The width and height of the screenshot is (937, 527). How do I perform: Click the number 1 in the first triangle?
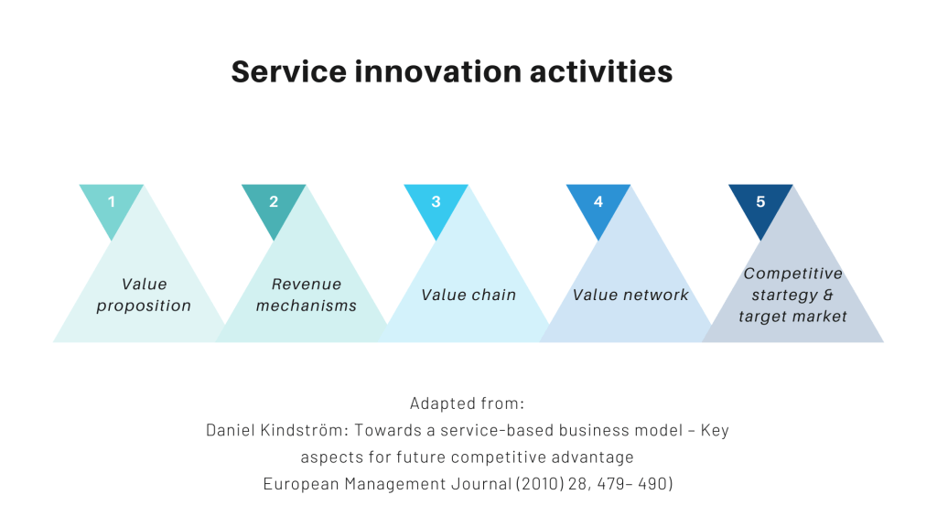pyautogui.click(x=111, y=202)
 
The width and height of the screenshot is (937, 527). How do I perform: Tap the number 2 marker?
pyautogui.click(x=274, y=202)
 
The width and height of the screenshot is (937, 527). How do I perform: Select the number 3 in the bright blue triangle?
pyautogui.click(x=436, y=202)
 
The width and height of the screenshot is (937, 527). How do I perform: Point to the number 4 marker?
pyautogui.click(x=598, y=202)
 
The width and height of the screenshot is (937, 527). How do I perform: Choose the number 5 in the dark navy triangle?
pyautogui.click(x=760, y=202)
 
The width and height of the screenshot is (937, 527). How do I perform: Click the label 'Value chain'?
pyautogui.click(x=468, y=295)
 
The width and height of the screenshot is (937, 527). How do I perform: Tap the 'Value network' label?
pyautogui.click(x=630, y=295)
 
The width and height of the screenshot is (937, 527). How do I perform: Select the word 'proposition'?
pyautogui.click(x=144, y=307)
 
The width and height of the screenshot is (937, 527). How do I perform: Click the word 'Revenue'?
pyautogui.click(x=307, y=284)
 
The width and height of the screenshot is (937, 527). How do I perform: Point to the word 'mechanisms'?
pyautogui.click(x=307, y=306)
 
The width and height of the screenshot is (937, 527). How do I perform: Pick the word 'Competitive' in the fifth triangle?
pyautogui.click(x=793, y=273)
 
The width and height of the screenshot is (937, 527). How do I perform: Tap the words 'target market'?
pyautogui.click(x=793, y=317)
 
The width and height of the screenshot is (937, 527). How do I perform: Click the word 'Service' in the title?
pyautogui.click(x=288, y=71)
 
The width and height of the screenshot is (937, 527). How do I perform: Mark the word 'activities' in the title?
pyautogui.click(x=601, y=71)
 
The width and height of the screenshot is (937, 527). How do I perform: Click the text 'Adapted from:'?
pyautogui.click(x=468, y=403)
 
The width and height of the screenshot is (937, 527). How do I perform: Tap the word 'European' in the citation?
pyautogui.click(x=301, y=484)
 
